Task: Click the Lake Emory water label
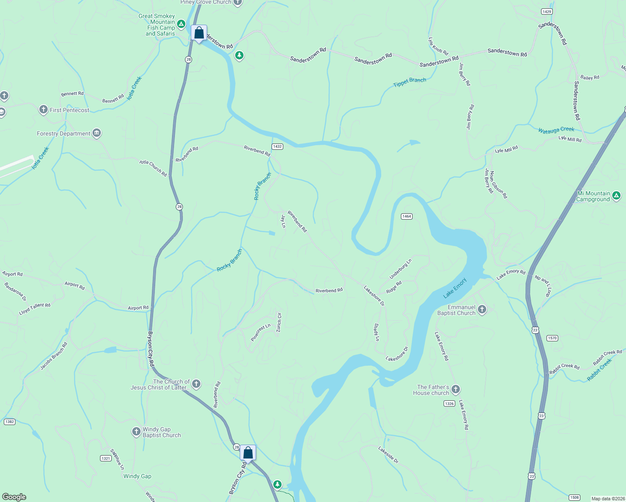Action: [x=454, y=288]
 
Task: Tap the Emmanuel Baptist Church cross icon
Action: [x=482, y=310]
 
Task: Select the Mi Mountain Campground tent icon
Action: [x=616, y=195]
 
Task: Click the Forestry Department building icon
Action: [x=97, y=133]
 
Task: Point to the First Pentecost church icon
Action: [x=43, y=110]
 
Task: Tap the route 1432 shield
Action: [x=277, y=146]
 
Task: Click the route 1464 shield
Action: [x=406, y=216]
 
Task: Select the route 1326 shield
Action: [x=449, y=404]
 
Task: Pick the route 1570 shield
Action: [x=552, y=338]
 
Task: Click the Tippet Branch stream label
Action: [x=409, y=82]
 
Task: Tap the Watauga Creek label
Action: [x=556, y=130]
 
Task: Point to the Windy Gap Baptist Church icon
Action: [x=136, y=431]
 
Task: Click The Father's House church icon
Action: [x=456, y=389]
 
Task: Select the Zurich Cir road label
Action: [x=279, y=323]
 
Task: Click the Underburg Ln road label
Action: [x=400, y=269]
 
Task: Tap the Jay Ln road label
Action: [x=283, y=221]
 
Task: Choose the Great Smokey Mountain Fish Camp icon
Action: [x=181, y=24]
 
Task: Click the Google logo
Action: [x=14, y=497]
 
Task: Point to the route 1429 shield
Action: [x=546, y=12]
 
